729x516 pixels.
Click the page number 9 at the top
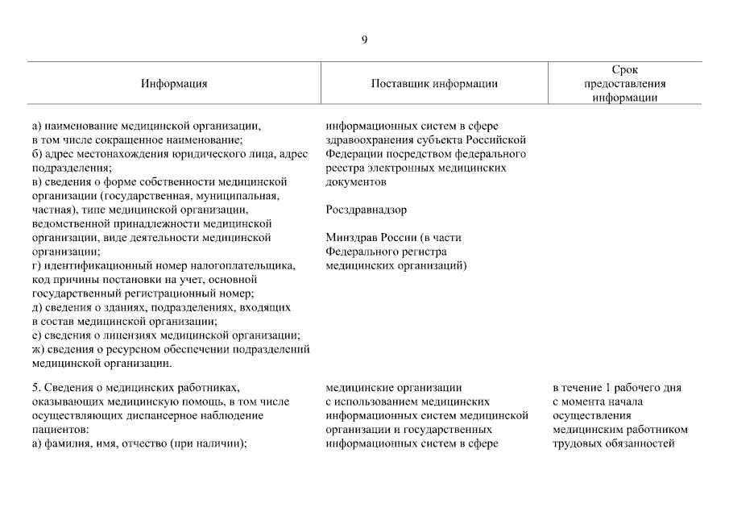364,40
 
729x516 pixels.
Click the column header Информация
174,84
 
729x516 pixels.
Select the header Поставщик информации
434,84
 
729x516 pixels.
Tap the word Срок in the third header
624,70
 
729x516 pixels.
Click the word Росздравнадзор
367,210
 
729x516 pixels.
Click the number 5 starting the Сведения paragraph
35,387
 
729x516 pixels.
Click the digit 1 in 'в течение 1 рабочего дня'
610,387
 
